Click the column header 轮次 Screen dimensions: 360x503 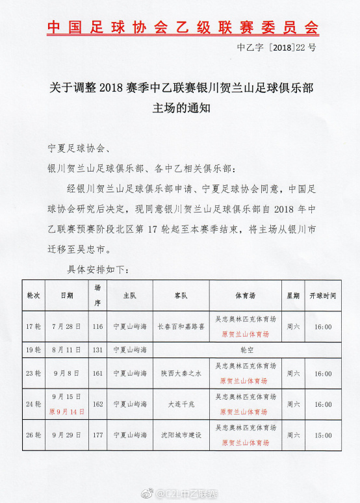[x=33, y=295]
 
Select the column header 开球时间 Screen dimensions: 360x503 [x=323, y=295]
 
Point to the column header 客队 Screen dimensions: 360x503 [x=181, y=295]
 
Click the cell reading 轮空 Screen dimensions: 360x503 [x=247, y=350]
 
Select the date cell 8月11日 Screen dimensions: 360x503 [x=67, y=350]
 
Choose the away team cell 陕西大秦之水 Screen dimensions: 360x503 [x=181, y=374]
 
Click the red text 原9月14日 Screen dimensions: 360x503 [x=67, y=411]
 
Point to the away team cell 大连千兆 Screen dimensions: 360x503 [x=181, y=404]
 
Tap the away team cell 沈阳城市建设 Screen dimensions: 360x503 [x=181, y=435]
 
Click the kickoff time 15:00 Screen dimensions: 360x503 [x=323, y=435]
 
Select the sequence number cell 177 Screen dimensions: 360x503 [x=97, y=435]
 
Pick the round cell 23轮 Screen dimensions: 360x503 [x=33, y=374]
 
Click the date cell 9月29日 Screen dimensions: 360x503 [x=67, y=435]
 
